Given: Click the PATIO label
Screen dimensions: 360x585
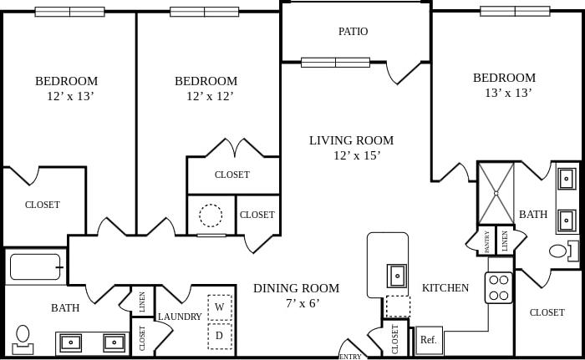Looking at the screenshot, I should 353,32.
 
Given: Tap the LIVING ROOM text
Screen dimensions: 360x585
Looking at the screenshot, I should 351,140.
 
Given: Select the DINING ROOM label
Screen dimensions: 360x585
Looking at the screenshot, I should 296,288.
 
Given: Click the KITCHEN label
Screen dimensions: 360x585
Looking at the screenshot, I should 445,288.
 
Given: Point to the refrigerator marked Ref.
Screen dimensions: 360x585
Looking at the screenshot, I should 429,340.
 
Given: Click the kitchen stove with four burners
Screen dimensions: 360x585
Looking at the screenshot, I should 498,287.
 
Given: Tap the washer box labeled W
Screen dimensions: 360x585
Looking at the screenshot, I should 220,307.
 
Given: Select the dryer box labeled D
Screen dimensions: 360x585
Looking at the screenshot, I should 220,336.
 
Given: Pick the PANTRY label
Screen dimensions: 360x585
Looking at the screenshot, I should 486,241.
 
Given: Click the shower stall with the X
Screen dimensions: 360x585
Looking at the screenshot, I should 496,193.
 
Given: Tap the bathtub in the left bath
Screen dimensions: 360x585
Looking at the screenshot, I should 35,266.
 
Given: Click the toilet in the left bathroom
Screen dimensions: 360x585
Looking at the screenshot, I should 23,339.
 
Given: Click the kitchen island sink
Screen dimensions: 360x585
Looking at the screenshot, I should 397,276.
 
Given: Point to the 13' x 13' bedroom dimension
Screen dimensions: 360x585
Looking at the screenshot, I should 508,93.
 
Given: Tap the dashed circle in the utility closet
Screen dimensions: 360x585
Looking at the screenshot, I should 211,215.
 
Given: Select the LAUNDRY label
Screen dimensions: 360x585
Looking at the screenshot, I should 180,317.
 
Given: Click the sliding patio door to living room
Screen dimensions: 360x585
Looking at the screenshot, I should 335,63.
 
